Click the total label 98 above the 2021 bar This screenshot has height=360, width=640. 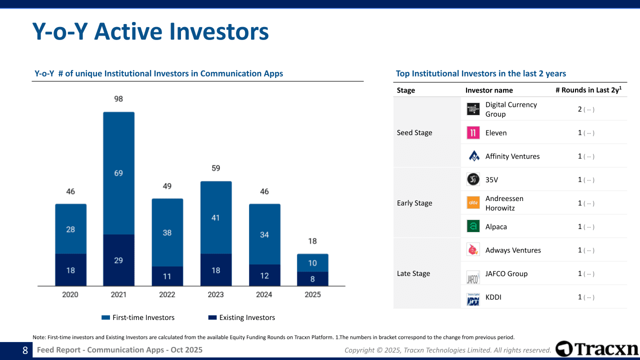click(x=118, y=99)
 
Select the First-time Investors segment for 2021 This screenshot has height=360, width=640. click(x=118, y=173)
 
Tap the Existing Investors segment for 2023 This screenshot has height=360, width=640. click(x=215, y=270)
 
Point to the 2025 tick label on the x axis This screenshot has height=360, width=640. click(x=312, y=294)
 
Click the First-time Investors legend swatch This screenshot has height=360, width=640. click(x=105, y=317)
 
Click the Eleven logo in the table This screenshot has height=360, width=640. click(x=473, y=132)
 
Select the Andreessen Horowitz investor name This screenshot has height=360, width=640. click(x=504, y=203)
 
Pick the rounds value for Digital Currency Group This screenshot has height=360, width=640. click(x=580, y=109)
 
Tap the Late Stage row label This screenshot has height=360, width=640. click(x=413, y=273)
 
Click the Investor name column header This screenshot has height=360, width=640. click(x=489, y=90)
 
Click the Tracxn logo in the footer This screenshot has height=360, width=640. click(x=597, y=349)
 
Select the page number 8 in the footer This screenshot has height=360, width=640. click(x=25, y=350)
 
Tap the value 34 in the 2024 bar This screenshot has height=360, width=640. click(x=264, y=234)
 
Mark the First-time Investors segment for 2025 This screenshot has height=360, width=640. click(x=312, y=263)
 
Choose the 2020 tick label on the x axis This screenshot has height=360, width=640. click(x=70, y=294)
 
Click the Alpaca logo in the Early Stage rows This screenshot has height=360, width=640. click(x=473, y=226)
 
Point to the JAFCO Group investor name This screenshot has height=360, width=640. click(x=506, y=273)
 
